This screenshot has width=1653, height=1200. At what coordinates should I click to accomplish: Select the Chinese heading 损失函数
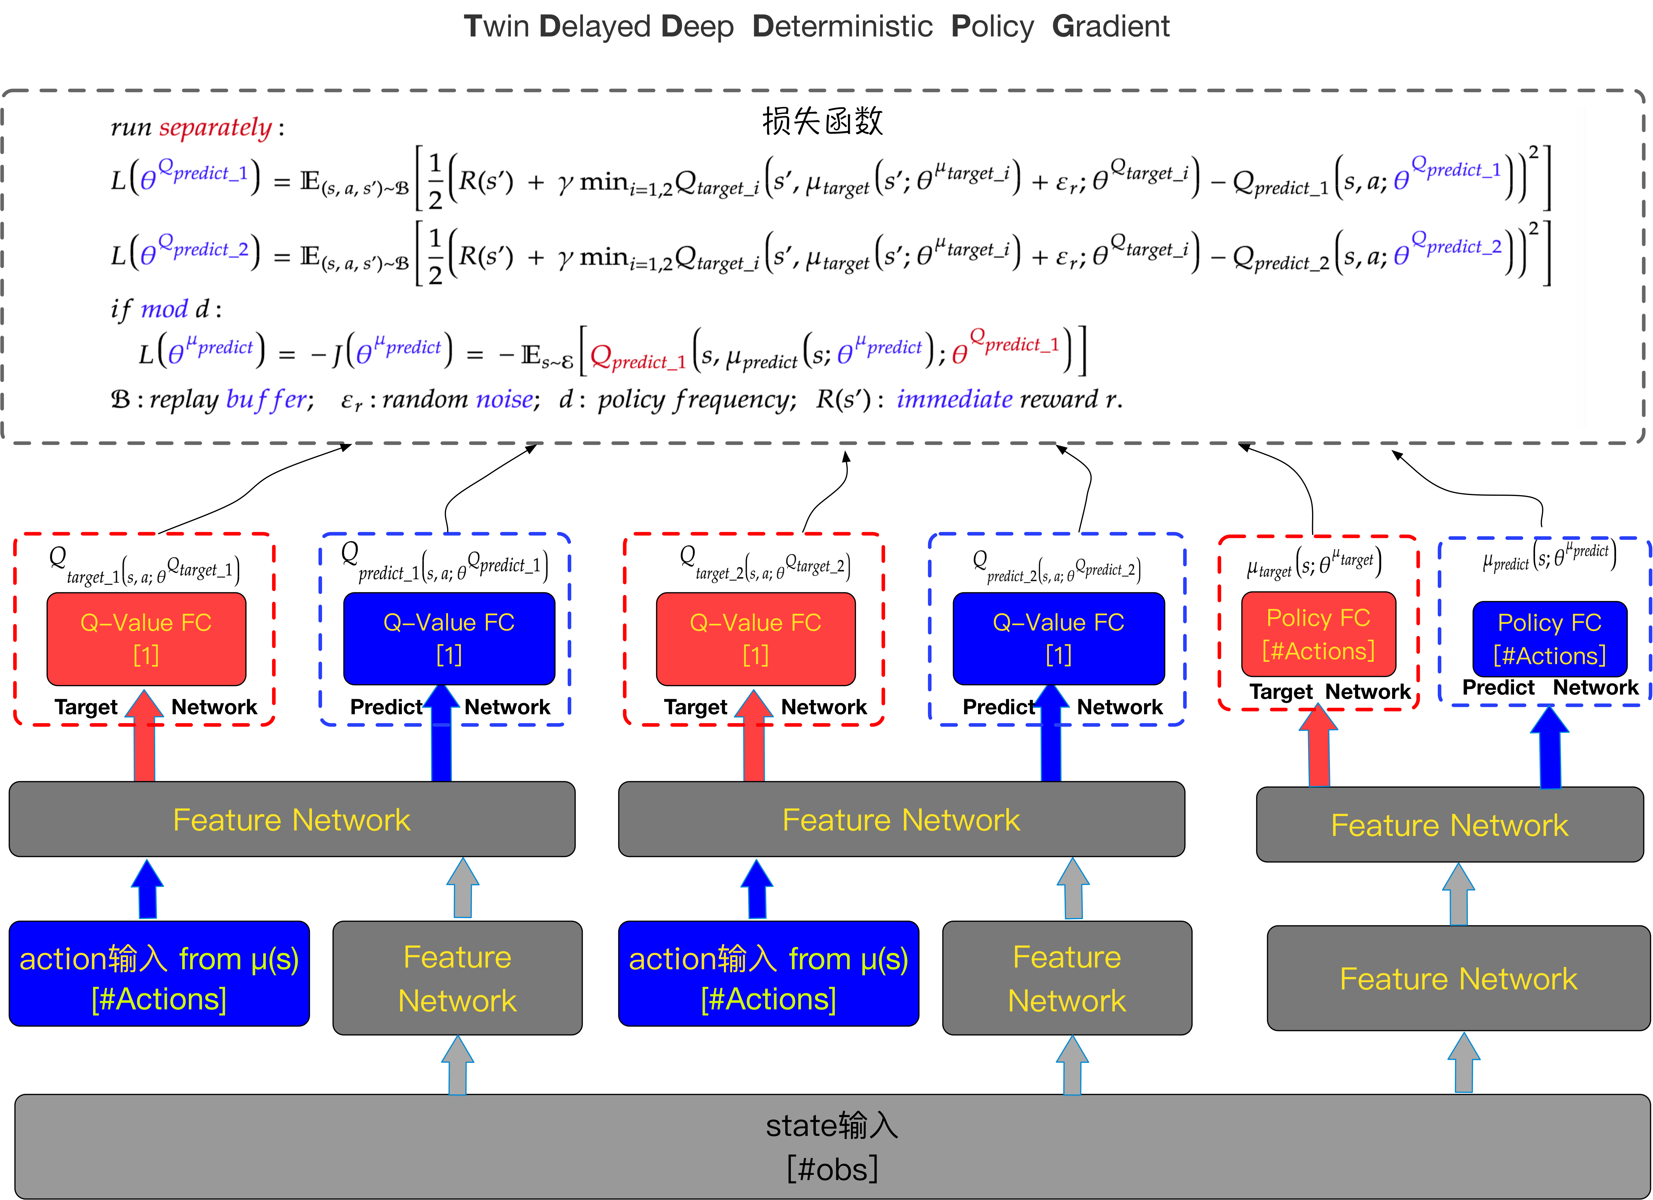[x=822, y=121]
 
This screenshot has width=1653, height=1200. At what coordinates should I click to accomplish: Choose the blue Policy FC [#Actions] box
[x=1549, y=639]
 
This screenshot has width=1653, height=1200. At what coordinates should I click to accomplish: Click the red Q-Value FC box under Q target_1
[x=146, y=639]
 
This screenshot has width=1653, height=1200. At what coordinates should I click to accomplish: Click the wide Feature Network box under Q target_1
[x=292, y=819]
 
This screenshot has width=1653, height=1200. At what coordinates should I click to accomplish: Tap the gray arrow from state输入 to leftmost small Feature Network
[x=458, y=1066]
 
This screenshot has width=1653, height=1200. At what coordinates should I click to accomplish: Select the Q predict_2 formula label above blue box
[x=1057, y=566]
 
